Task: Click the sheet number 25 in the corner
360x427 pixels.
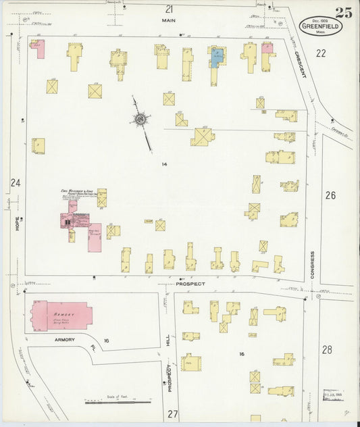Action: (343, 13)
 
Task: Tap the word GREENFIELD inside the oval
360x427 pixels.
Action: (321, 26)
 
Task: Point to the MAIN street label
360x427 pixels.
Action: (168, 20)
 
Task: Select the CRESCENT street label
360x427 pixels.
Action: (299, 65)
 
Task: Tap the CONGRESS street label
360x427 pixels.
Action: (312, 265)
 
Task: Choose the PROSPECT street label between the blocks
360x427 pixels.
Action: (190, 284)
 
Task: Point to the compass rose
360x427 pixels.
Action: (140, 120)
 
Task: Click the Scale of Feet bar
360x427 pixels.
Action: (118, 401)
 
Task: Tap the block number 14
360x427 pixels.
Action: (163, 164)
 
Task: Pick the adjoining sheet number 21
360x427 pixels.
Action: (169, 9)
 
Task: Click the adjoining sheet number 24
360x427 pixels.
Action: (15, 182)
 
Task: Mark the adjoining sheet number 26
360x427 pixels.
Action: (330, 195)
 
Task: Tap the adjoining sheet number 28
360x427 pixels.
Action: (327, 349)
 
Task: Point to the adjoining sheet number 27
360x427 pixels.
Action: (173, 413)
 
